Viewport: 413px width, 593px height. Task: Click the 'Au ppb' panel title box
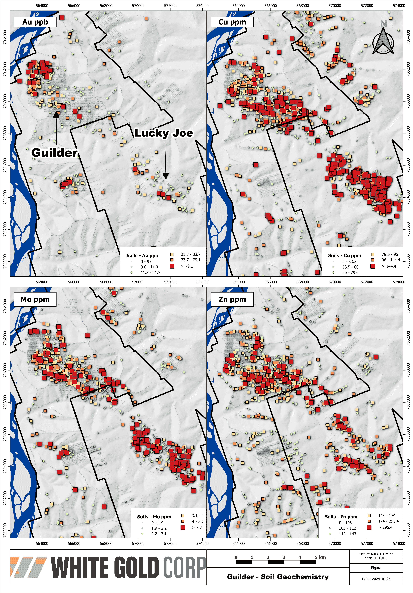[35, 22]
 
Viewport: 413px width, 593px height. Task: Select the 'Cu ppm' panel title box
[232, 22]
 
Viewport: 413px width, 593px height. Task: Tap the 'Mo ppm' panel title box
[35, 299]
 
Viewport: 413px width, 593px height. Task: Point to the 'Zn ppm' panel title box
[232, 299]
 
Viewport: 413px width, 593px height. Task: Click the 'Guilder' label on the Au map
[54, 153]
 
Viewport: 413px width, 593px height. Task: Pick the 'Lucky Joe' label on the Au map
[164, 133]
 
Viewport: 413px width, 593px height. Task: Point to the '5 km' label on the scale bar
[320, 557]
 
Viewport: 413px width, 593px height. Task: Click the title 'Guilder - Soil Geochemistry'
[278, 577]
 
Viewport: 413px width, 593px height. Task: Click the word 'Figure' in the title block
[376, 568]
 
